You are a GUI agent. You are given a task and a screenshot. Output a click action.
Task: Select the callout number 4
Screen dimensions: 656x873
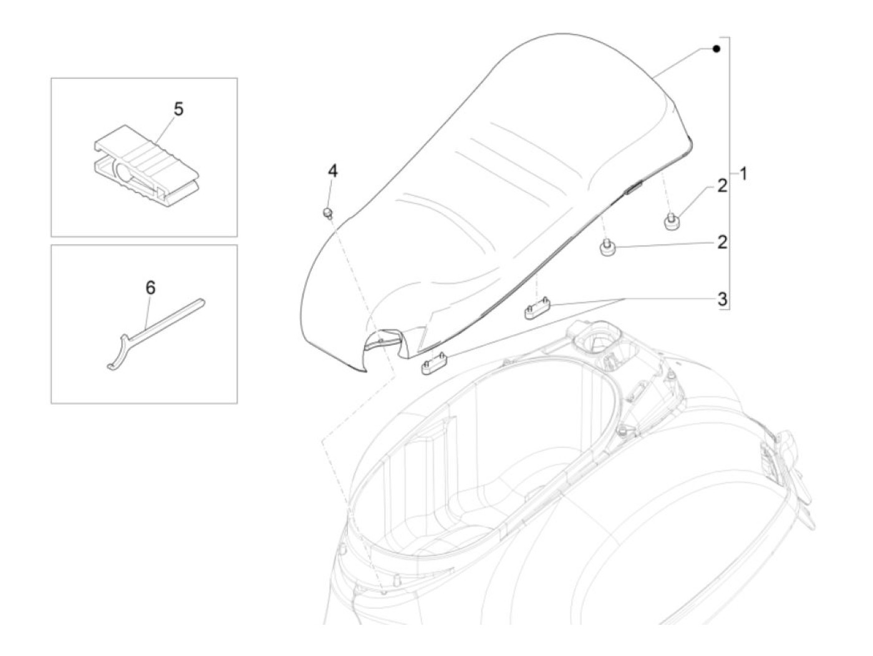[333, 170]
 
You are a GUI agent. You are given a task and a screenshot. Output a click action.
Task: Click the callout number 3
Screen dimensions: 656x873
[721, 299]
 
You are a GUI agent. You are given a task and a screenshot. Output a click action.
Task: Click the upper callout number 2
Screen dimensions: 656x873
[721, 185]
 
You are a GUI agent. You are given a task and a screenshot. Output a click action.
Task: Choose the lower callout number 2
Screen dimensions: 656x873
[721, 242]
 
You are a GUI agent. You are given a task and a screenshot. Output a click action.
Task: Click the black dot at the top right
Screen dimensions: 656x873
[716, 49]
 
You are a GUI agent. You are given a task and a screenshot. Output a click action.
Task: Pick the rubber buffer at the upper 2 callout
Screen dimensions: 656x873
[670, 221]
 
